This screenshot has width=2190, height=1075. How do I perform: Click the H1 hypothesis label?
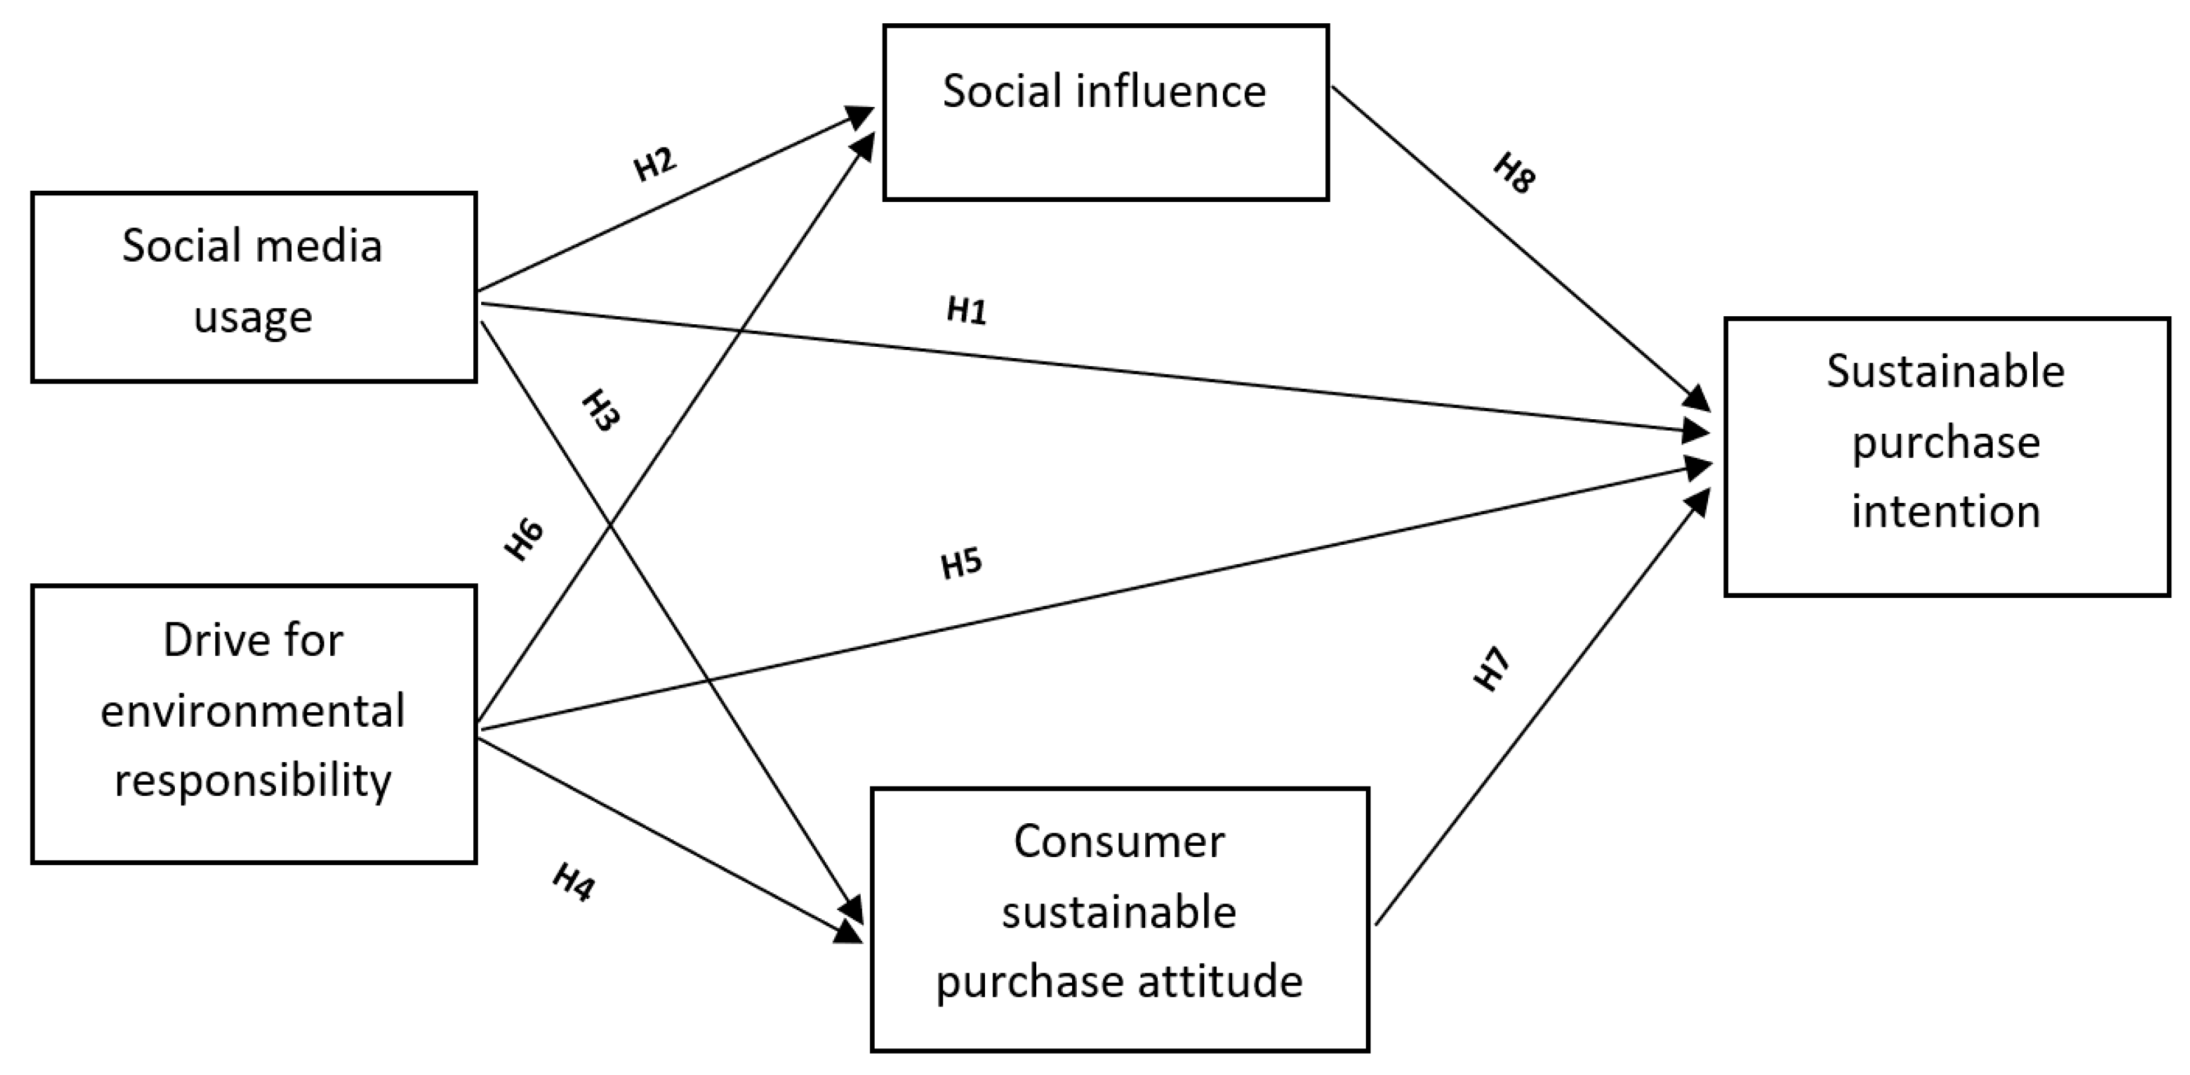[x=966, y=311]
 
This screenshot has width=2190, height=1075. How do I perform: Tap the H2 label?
[x=655, y=163]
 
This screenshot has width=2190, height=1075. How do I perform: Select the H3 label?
[x=600, y=411]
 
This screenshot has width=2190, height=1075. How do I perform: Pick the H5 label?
[x=962, y=563]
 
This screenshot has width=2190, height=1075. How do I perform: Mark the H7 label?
[x=1492, y=669]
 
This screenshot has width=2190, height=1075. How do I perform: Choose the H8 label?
[x=1514, y=174]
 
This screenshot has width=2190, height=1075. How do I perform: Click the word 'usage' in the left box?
[x=253, y=318]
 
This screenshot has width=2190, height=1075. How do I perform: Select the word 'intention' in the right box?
[x=1946, y=512]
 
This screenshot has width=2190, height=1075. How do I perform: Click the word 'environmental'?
[x=253, y=710]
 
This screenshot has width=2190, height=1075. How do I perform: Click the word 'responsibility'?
[x=253, y=780]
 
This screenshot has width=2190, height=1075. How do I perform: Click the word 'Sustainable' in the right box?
[x=1946, y=371]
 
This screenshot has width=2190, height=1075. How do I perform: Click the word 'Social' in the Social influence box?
[x=1002, y=91]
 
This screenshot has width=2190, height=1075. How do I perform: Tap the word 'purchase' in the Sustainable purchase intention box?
[x=1946, y=442]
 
